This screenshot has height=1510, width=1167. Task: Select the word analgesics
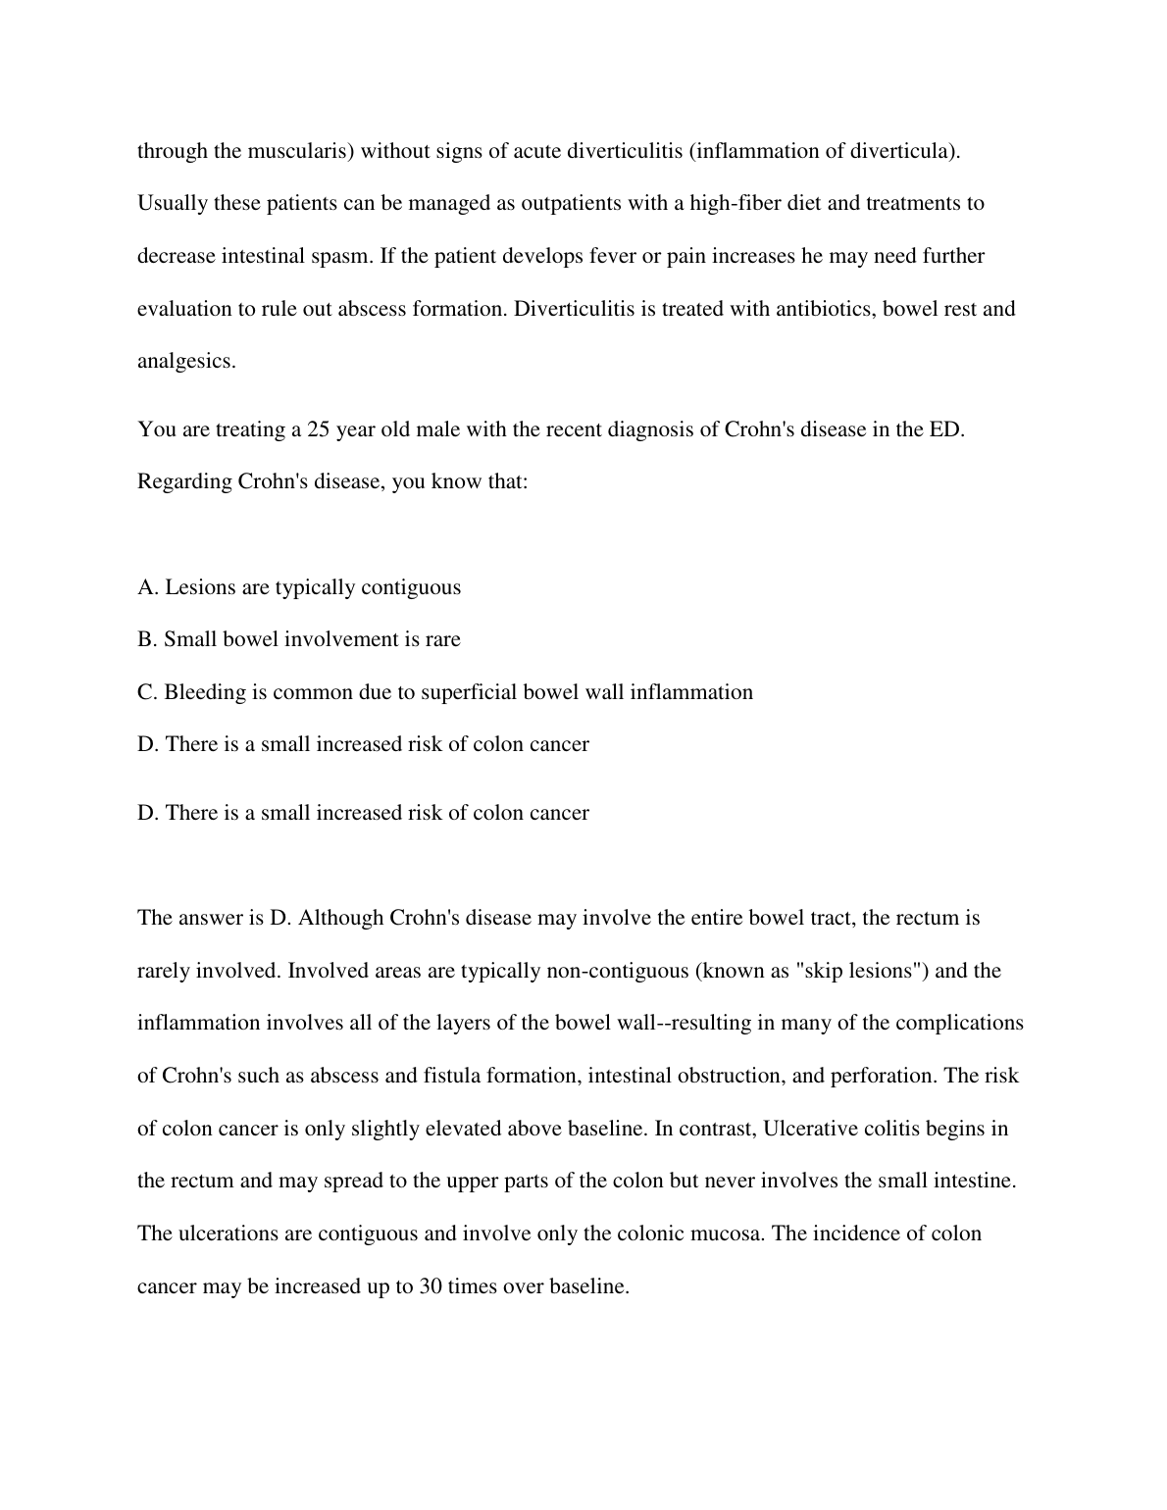point(186,361)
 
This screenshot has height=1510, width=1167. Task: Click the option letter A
point(147,587)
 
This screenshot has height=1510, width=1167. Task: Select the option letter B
point(147,639)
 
